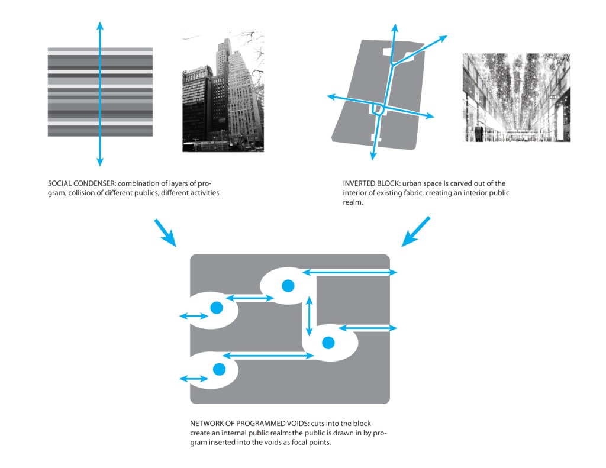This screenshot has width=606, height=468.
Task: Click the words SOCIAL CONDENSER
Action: click(81, 183)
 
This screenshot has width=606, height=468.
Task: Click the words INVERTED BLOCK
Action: click(370, 183)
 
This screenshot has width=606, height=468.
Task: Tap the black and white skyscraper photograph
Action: click(223, 92)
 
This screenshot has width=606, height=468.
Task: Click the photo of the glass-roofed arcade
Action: click(516, 98)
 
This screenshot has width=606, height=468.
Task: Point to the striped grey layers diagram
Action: click(100, 92)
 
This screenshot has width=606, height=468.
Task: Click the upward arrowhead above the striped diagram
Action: click(100, 26)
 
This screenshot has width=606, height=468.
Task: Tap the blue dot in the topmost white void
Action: click(288, 286)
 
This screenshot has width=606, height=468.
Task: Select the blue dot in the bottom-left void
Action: click(219, 369)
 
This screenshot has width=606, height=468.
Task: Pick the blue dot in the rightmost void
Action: click(328, 343)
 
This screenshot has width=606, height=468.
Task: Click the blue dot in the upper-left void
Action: click(217, 308)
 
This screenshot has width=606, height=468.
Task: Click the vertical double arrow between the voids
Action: click(309, 316)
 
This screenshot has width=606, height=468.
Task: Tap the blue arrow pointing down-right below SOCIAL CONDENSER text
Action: click(166, 233)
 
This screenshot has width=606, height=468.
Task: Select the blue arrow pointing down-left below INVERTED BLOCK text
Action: click(416, 231)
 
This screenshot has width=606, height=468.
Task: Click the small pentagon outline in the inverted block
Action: click(378, 109)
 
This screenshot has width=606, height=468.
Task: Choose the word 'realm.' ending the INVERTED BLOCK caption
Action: click(353, 202)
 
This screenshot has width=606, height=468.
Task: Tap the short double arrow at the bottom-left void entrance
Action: click(194, 379)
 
